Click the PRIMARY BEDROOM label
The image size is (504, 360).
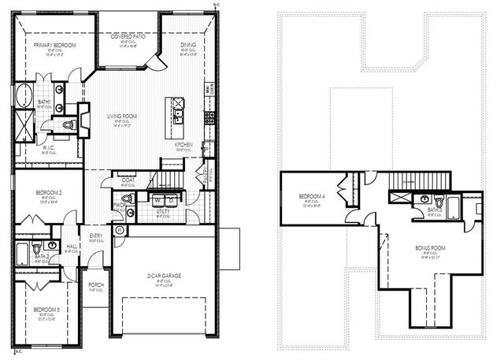[x=54, y=46]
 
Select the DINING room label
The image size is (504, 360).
[x=188, y=46]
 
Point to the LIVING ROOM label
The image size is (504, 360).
[x=122, y=116]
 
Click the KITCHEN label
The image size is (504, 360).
[x=185, y=145]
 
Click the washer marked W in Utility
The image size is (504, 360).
[x=157, y=199]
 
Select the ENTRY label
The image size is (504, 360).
[x=96, y=236]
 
